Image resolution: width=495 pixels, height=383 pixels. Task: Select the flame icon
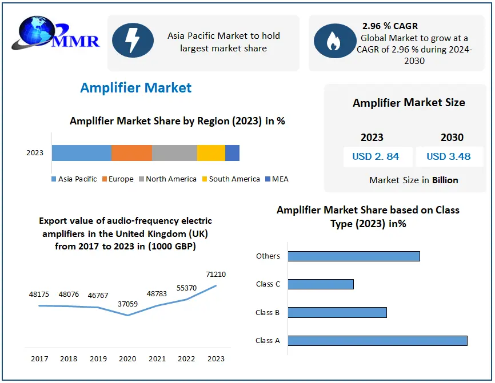click(x=332, y=41)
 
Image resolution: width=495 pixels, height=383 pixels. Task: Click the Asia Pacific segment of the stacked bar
click(x=82, y=153)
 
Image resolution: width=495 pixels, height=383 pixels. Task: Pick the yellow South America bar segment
click(x=211, y=153)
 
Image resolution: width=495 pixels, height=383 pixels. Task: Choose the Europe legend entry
click(x=118, y=179)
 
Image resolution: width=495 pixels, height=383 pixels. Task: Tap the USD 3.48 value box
click(x=449, y=156)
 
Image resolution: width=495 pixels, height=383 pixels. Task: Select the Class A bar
click(x=377, y=341)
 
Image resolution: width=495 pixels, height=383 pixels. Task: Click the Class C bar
click(x=321, y=284)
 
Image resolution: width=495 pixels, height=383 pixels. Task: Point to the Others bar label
click(x=268, y=256)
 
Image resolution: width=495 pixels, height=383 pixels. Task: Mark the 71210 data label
click(x=216, y=275)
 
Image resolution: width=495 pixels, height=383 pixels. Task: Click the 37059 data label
click(x=127, y=304)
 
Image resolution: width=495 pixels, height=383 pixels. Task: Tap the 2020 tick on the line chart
click(x=127, y=359)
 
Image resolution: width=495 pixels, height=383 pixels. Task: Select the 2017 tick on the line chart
click(x=39, y=359)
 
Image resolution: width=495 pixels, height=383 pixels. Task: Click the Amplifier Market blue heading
click(x=136, y=88)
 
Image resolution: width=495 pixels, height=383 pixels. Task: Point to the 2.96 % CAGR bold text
click(x=390, y=26)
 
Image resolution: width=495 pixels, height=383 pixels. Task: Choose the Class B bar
click(x=337, y=312)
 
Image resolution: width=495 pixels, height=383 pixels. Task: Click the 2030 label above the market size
click(x=452, y=138)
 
